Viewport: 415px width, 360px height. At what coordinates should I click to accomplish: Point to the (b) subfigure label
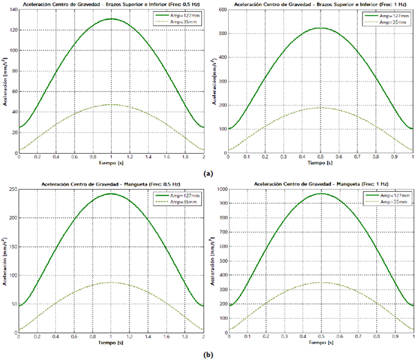(207, 354)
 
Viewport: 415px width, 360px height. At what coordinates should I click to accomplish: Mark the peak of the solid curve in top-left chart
(111, 19)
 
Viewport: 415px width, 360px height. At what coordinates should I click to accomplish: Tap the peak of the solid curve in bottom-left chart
(111, 194)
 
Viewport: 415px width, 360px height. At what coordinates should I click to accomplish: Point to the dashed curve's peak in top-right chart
(321, 108)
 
